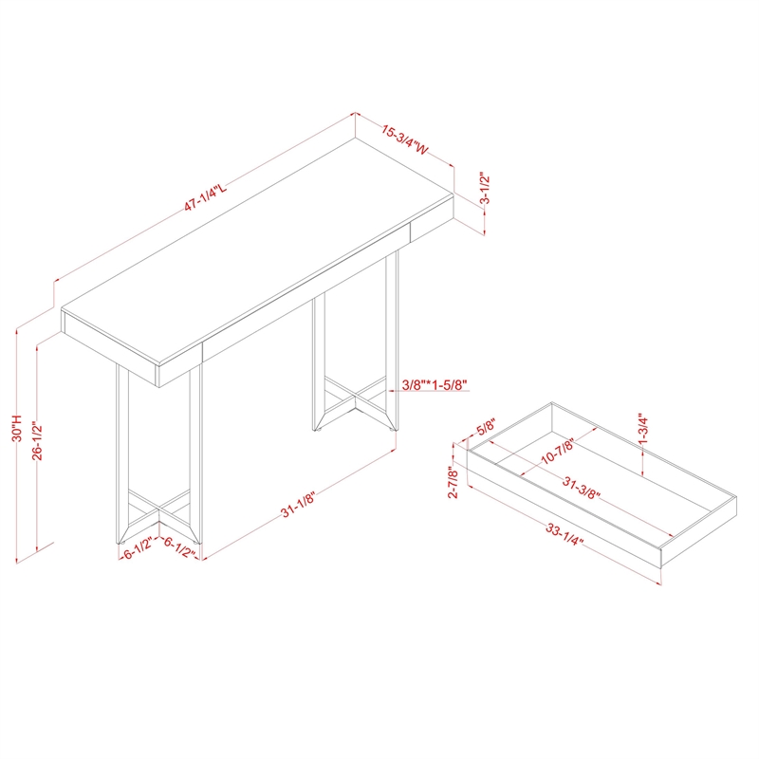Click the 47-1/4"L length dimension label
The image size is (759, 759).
pos(205,197)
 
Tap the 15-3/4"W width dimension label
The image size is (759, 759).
pos(405,140)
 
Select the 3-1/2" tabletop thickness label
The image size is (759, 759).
pos(485,188)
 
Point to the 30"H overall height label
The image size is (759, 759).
pos(17,428)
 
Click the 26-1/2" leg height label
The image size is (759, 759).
pos(37,441)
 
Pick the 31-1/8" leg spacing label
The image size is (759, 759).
pos(298,505)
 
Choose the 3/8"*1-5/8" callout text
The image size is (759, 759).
pos(435,385)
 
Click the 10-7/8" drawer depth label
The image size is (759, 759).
pos(557,452)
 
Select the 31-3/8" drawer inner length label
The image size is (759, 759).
pos(581,488)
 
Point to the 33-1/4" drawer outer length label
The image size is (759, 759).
pos(565,534)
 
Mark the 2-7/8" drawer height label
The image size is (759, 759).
pos(454,482)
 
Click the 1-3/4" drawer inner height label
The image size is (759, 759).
pos(643,429)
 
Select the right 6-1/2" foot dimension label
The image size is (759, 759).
pos(179,547)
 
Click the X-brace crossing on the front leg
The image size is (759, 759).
pos(159,509)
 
